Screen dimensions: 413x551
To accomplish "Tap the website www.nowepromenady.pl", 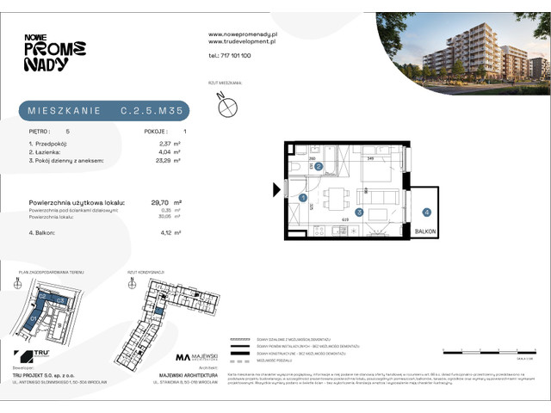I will point(241,34).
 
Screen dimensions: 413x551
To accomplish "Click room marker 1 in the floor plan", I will point(303,198).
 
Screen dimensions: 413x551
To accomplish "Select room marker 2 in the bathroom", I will point(319,166).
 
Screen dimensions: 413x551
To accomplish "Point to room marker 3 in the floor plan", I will point(359,211).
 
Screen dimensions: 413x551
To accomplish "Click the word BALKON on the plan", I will point(426,232).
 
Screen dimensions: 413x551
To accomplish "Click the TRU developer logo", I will point(26,355).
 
